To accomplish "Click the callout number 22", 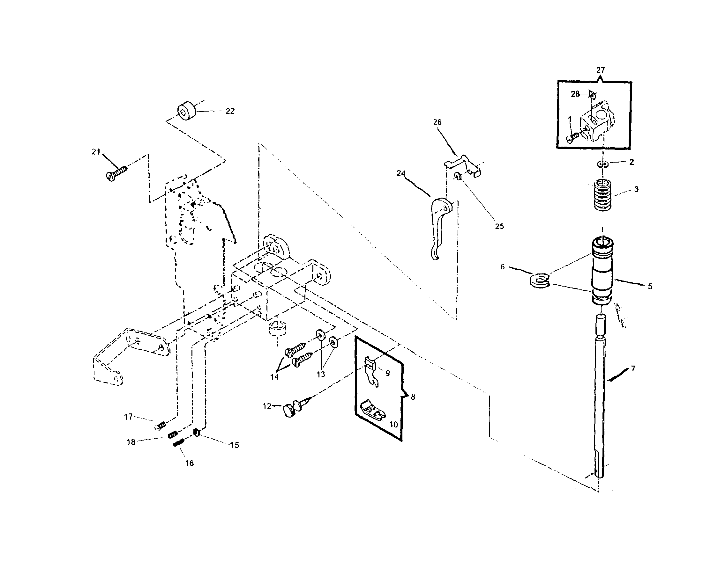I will [x=230, y=111].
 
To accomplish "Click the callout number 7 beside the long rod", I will [x=633, y=368].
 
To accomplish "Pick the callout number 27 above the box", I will [x=600, y=70].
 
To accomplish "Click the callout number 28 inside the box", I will [x=575, y=94].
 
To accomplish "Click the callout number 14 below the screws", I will [x=274, y=377].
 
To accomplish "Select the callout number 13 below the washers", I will [x=320, y=375].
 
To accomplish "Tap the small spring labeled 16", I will [x=178, y=443].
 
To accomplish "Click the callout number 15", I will [x=234, y=445].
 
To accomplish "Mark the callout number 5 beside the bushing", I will [x=650, y=287].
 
